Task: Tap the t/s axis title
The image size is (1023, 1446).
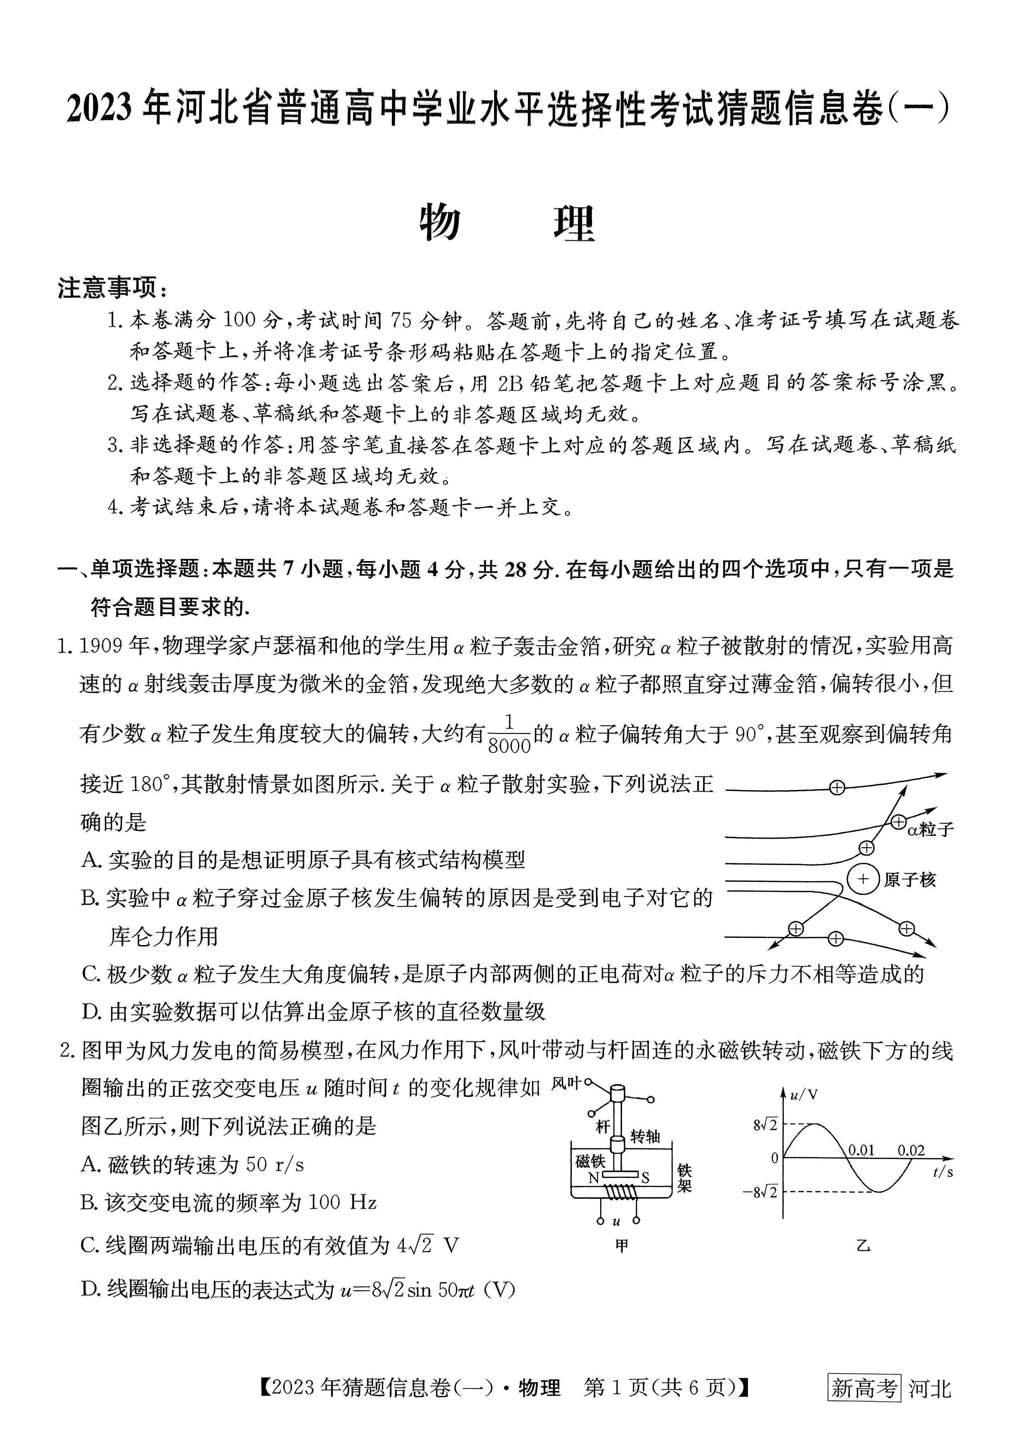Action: (x=942, y=1173)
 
